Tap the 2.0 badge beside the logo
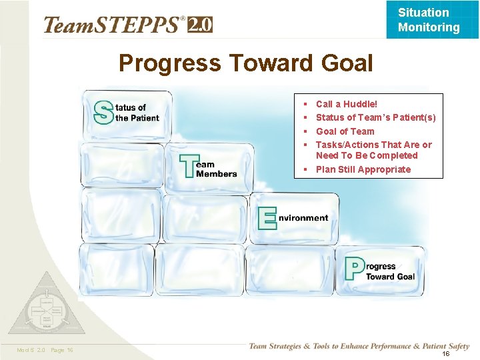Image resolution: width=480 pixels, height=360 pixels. pos(201,25)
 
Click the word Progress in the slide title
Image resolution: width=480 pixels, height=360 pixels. pos(170,63)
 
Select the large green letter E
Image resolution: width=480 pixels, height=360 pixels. pos(267,218)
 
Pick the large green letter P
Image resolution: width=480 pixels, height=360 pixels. pos(354,269)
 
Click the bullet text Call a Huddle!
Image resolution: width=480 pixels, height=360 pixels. pos(346,104)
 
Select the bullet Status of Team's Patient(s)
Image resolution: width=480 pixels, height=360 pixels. pos(375,117)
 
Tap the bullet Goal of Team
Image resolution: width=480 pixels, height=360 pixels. pos(345,131)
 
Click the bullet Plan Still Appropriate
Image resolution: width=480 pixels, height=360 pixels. pos(363,169)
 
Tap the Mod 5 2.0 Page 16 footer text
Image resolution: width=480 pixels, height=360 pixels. pos(45,350)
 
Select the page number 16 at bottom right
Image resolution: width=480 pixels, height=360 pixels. pos(446,354)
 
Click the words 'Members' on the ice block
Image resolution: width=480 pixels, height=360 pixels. pos(217,173)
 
